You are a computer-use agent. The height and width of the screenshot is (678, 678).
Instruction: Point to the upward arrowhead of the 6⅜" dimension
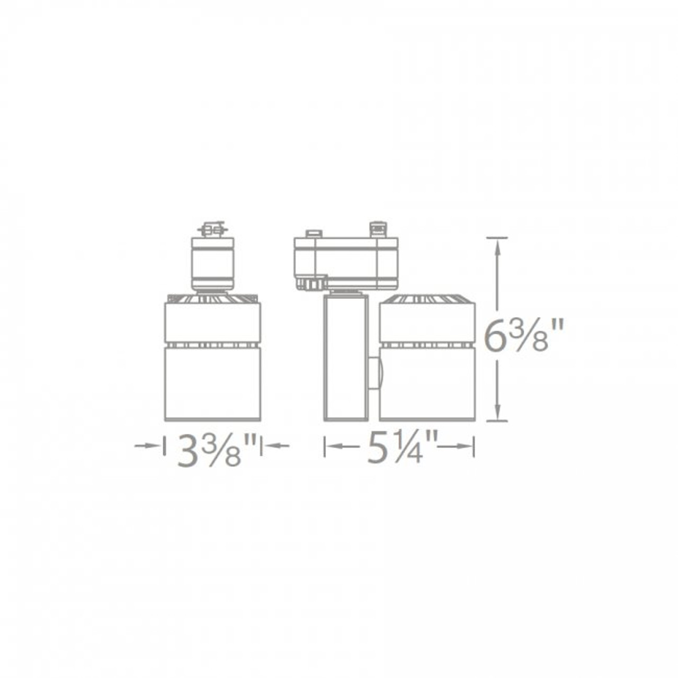497,244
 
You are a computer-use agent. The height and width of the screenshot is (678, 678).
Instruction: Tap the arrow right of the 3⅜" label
277,446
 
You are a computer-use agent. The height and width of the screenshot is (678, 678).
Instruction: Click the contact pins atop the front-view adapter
213,230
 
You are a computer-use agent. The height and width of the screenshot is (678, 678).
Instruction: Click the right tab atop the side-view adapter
377,228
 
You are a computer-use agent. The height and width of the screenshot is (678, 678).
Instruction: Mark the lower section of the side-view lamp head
427,384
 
